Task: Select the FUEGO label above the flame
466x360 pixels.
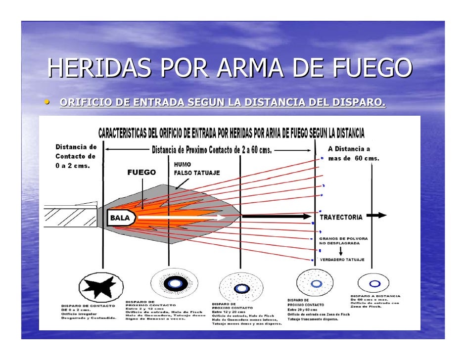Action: click(x=141, y=173)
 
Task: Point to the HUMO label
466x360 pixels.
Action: click(x=182, y=164)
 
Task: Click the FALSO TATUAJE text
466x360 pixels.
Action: click(x=196, y=173)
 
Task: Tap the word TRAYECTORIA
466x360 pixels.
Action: click(x=341, y=217)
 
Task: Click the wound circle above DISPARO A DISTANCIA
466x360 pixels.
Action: click(x=375, y=284)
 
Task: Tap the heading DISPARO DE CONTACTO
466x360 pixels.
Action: click(x=88, y=305)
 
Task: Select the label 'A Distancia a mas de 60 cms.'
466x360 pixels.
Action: click(x=353, y=154)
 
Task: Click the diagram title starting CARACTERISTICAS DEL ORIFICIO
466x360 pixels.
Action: click(x=232, y=134)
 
